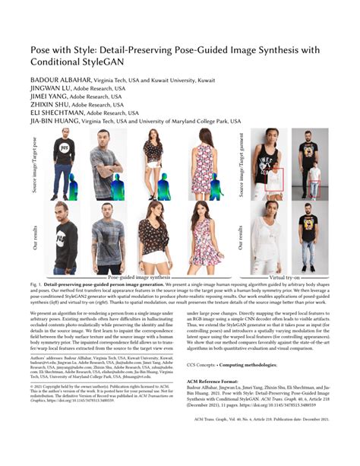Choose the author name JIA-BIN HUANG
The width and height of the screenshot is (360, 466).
tap(57, 128)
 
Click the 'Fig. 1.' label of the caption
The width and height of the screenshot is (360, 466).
tap(37, 285)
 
